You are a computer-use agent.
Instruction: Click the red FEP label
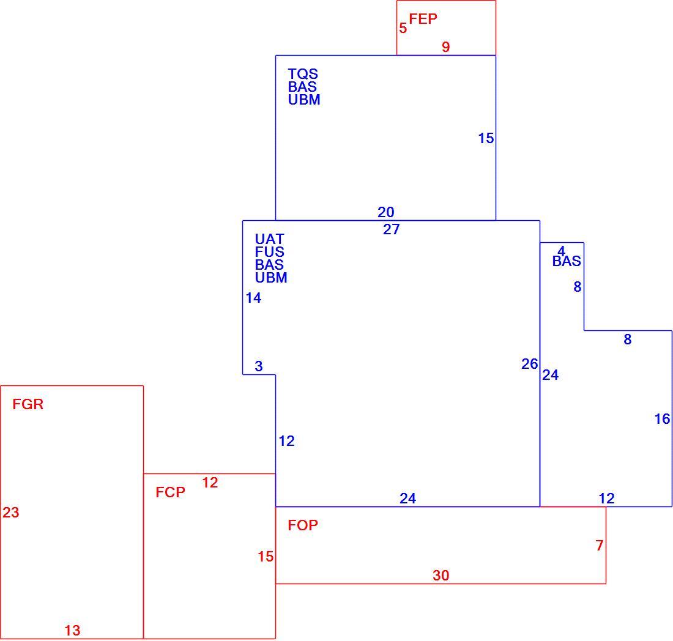coord(423,19)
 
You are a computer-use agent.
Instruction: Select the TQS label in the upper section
coord(303,74)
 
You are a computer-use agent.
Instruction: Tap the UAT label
coord(269,239)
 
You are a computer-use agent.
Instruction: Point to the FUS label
coord(269,252)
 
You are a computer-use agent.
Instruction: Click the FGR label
coord(28,404)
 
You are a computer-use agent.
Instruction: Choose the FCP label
coord(170,492)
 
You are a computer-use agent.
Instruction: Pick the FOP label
coord(303,525)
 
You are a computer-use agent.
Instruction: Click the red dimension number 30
coord(441,576)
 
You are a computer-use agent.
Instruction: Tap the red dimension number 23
coord(11,513)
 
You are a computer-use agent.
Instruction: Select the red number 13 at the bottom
coord(72,631)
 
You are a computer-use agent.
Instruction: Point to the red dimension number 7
coord(600,546)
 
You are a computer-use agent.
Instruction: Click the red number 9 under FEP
coord(446,46)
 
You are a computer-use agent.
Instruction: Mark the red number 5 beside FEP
coord(403,28)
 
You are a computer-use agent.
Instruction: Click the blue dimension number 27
coord(391,229)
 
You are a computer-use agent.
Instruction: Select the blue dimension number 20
coord(386,212)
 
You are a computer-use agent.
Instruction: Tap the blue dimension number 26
coord(530,364)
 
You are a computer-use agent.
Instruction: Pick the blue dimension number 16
coord(662,419)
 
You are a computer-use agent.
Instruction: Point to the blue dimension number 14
coord(253,298)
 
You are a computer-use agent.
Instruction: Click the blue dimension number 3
coord(258,366)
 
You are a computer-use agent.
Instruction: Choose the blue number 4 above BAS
coord(562,251)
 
